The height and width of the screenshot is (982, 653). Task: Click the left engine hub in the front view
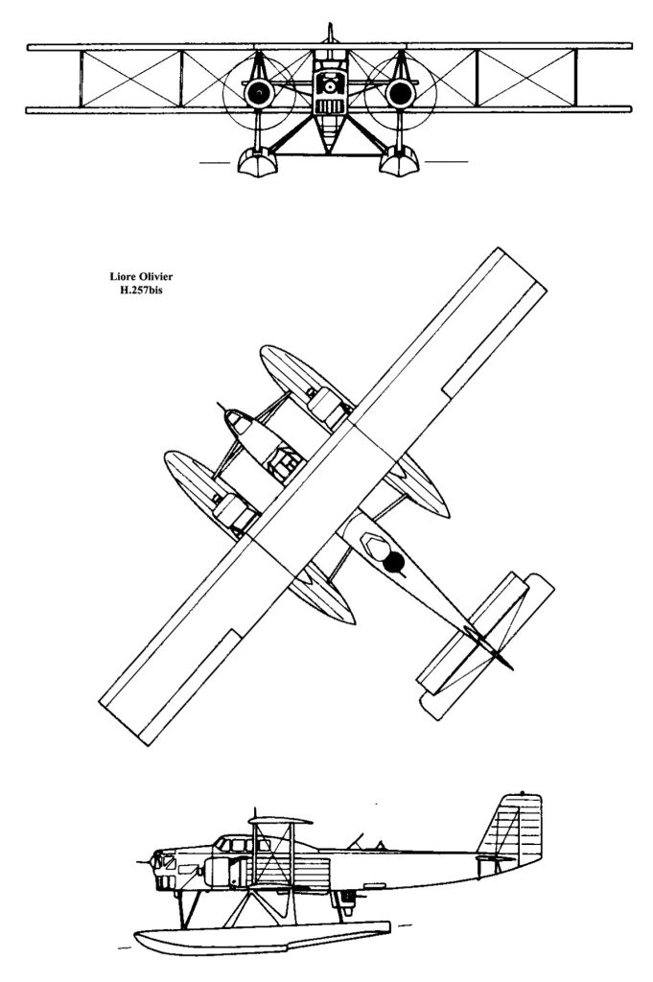click(258, 92)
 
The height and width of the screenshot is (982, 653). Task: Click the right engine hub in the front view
click(400, 92)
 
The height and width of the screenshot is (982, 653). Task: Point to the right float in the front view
click(397, 164)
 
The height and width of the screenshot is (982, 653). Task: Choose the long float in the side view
click(259, 939)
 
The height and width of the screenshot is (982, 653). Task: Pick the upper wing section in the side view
click(282, 822)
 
